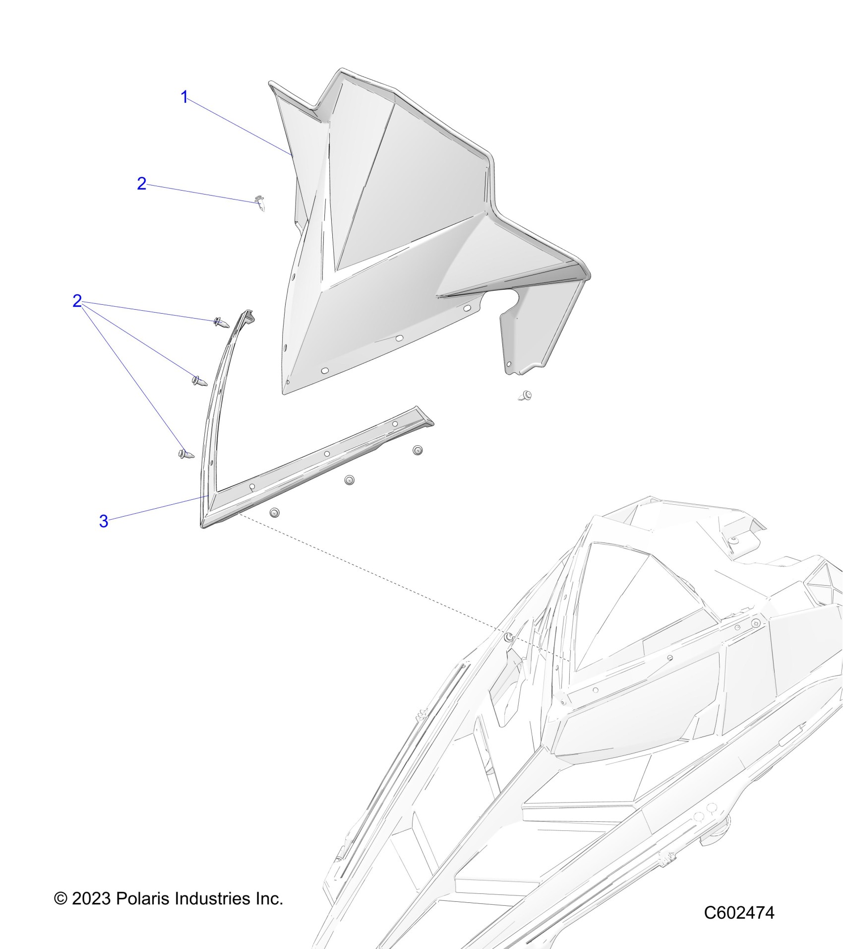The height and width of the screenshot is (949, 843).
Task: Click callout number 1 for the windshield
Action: [x=184, y=97]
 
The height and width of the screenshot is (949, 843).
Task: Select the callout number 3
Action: [x=104, y=521]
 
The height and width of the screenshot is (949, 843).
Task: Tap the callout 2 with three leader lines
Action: [x=77, y=301]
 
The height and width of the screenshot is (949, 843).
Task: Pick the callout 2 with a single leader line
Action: [x=141, y=184]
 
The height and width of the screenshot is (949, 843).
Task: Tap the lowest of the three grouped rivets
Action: [x=186, y=453]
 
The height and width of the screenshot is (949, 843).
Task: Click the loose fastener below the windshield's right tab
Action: [x=525, y=396]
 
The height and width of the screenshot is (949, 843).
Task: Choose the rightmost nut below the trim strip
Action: [x=418, y=450]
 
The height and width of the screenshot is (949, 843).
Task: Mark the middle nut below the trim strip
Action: [x=350, y=480]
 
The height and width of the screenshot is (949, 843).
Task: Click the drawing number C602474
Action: [x=739, y=912]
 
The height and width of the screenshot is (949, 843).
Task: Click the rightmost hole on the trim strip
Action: [x=395, y=424]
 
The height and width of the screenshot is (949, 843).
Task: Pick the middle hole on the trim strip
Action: [x=327, y=454]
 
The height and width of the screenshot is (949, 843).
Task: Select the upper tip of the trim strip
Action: [x=247, y=314]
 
